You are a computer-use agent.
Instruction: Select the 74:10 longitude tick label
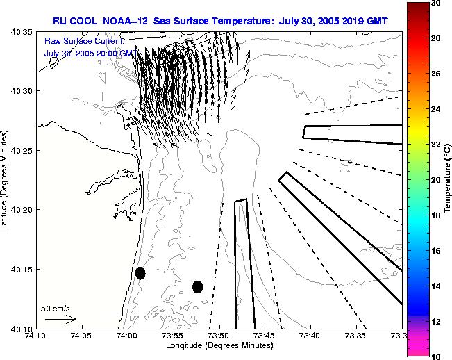pyautogui.click(x=35, y=336)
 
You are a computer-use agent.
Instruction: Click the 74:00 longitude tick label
pyautogui.click(x=127, y=336)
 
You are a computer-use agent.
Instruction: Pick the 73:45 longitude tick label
pyautogui.click(x=265, y=336)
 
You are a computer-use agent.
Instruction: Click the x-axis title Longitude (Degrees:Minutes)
pyautogui.click(x=219, y=345)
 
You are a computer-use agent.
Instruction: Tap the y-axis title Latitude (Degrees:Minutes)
pyautogui.click(x=6, y=180)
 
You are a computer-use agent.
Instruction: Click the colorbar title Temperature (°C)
pyautogui.click(x=448, y=180)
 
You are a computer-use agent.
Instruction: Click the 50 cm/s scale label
pyautogui.click(x=56, y=308)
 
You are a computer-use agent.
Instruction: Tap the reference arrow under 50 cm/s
pyautogui.click(x=60, y=319)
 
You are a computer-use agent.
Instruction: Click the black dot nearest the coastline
pyautogui.click(x=140, y=273)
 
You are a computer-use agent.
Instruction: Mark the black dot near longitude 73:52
pyautogui.click(x=197, y=286)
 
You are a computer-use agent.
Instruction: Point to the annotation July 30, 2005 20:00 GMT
pyautogui.click(x=90, y=53)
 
